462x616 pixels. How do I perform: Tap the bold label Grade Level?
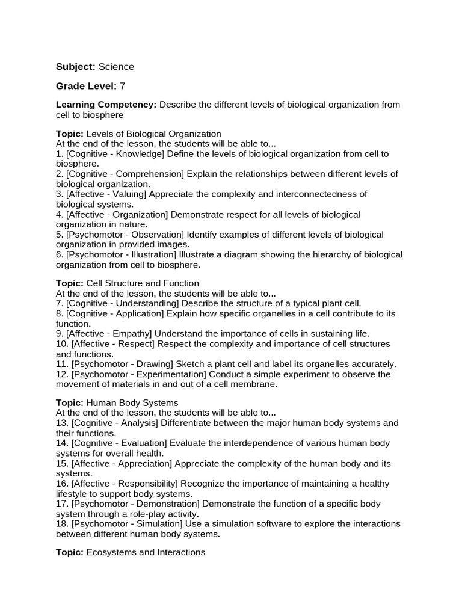87,86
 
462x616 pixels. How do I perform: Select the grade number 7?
123,86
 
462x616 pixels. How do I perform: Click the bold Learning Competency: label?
106,105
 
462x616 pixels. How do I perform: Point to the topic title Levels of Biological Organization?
154,134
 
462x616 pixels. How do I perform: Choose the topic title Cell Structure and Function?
143,283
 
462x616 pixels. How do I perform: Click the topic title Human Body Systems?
132,402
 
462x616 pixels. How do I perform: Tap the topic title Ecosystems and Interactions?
146,552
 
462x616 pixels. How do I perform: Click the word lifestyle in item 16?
74,494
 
